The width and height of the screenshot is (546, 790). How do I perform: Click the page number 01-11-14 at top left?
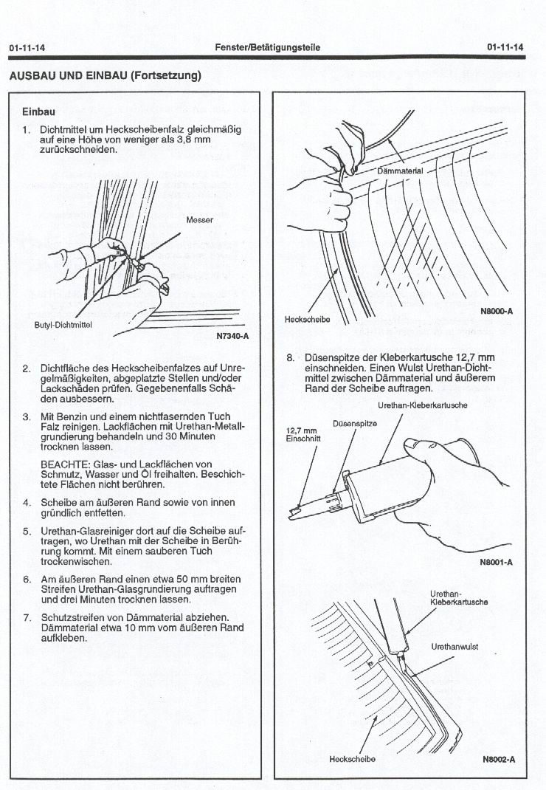click(27, 48)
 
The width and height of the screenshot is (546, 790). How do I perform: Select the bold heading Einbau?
click(38, 112)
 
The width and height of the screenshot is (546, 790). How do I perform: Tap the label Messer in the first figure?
click(199, 220)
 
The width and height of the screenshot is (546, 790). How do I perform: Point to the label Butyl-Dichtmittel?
click(62, 325)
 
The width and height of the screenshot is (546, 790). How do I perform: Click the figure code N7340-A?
click(233, 337)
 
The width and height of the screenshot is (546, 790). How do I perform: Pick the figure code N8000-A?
click(497, 312)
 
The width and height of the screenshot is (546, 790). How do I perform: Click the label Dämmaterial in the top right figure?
click(400, 171)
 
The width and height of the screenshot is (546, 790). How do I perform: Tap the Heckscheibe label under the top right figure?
click(307, 320)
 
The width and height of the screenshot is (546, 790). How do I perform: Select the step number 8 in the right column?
click(290, 357)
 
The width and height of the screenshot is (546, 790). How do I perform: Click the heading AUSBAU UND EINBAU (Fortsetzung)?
click(104, 75)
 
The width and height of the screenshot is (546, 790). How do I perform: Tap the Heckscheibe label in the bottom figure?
click(347, 760)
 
